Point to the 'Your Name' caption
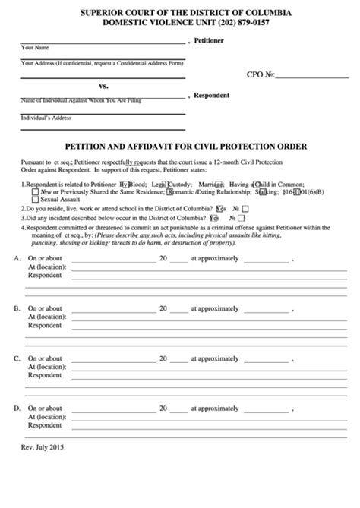pyautogui.click(x=36, y=48)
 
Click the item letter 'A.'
pyautogui.click(x=17, y=259)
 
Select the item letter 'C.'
pyautogui.click(x=17, y=358)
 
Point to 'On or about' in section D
pyautogui.click(x=46, y=408)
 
